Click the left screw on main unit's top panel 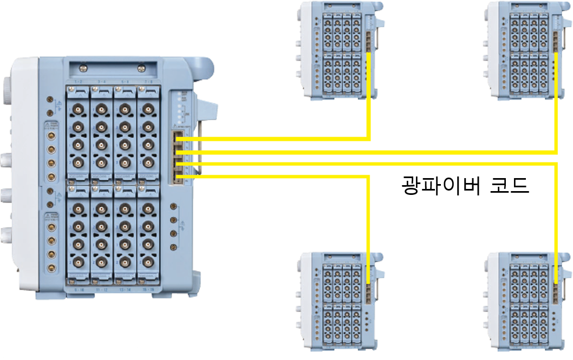(83, 68)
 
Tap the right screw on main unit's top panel (141, 68)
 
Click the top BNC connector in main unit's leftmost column (79, 110)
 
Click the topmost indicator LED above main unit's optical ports (179, 95)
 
